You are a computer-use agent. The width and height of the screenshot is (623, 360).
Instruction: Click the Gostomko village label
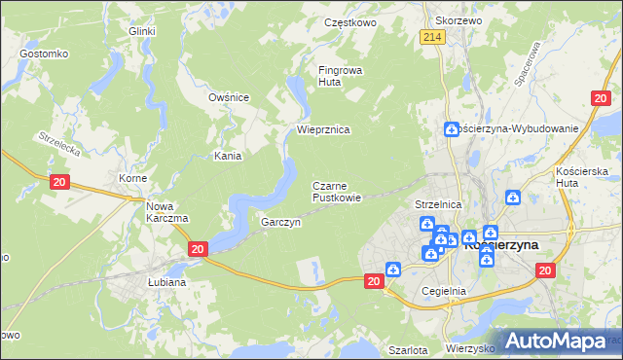43,54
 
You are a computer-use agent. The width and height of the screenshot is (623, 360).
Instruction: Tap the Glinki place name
143,31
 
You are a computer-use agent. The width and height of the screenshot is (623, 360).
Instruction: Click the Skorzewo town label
459,19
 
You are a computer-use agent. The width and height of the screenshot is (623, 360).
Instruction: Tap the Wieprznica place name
323,129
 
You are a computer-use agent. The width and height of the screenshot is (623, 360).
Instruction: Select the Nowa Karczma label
166,212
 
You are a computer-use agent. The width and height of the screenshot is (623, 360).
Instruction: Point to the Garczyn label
280,223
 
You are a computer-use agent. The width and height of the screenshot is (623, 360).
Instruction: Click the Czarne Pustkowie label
337,192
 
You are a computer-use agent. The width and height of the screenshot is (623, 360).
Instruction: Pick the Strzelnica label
437,205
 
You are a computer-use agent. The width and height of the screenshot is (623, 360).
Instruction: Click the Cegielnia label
445,291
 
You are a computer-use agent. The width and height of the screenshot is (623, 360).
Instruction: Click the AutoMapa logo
565,341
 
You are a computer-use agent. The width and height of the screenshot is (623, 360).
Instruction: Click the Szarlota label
408,349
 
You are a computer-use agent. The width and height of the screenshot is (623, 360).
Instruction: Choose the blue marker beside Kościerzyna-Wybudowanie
452,129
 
